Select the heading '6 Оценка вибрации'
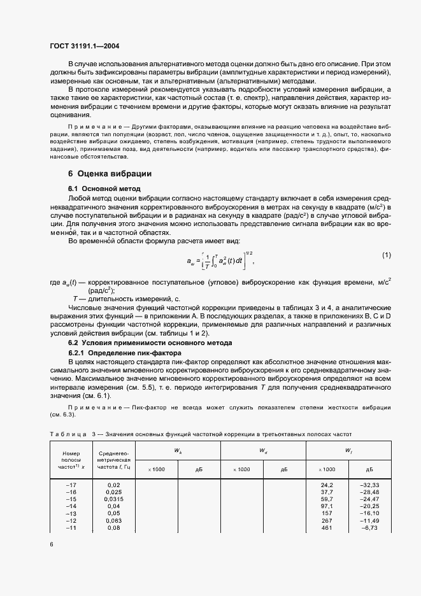(x=110, y=174)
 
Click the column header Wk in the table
(x=177, y=450)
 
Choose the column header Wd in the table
(x=262, y=450)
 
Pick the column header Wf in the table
(x=349, y=450)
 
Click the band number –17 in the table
(x=71, y=485)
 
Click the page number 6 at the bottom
(x=51, y=545)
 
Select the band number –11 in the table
(x=71, y=528)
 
